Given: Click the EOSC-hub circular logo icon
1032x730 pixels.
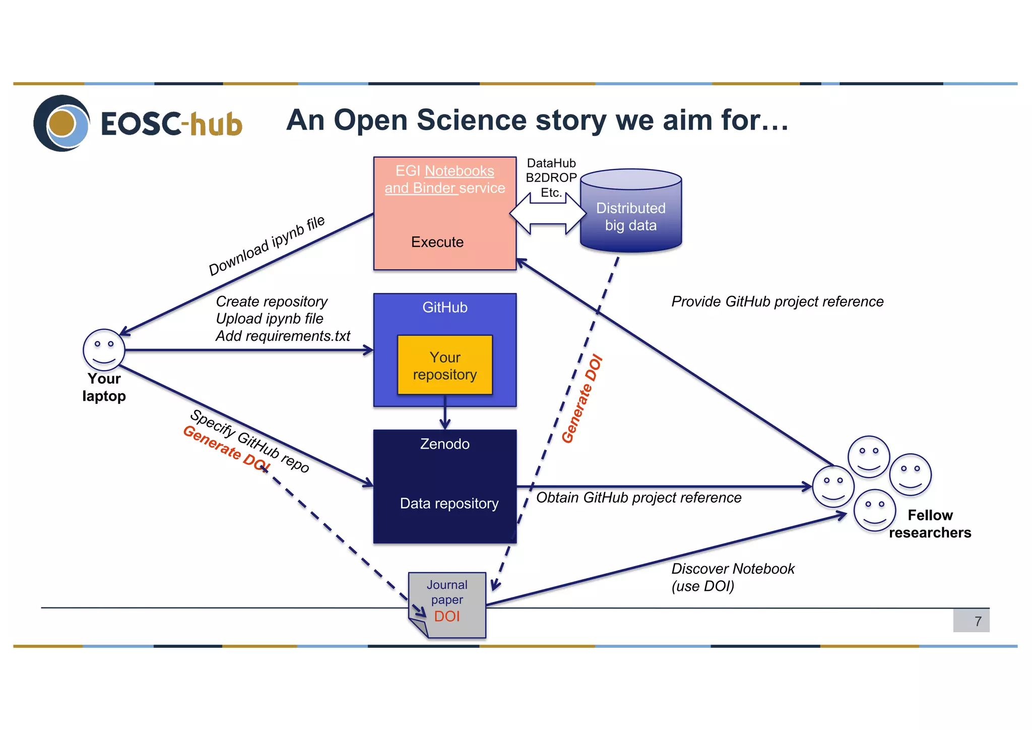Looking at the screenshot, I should (61, 123).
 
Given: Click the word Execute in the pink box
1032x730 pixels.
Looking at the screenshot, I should (437, 242).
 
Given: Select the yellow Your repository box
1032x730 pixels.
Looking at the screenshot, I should (444, 366).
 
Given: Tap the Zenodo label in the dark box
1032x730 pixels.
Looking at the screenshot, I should (444, 444).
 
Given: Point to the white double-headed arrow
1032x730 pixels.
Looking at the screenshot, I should (548, 214).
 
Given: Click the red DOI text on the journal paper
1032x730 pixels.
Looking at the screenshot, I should (447, 617).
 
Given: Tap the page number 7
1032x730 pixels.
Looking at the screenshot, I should (978, 621).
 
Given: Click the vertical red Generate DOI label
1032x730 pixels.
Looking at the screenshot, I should (582, 399).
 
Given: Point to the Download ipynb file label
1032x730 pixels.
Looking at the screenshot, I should (267, 246).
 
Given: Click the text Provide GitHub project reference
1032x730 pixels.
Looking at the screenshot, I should (777, 301).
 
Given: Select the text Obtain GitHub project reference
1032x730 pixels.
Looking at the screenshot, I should (638, 498).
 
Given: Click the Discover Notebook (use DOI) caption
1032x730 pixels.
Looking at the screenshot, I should (732, 577).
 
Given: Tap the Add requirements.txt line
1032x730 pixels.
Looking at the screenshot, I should (283, 336).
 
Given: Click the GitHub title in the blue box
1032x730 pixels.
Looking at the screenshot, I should (444, 308).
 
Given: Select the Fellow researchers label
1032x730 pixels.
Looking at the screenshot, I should (930, 524).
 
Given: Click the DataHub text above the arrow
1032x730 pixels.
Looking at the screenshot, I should (551, 163).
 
